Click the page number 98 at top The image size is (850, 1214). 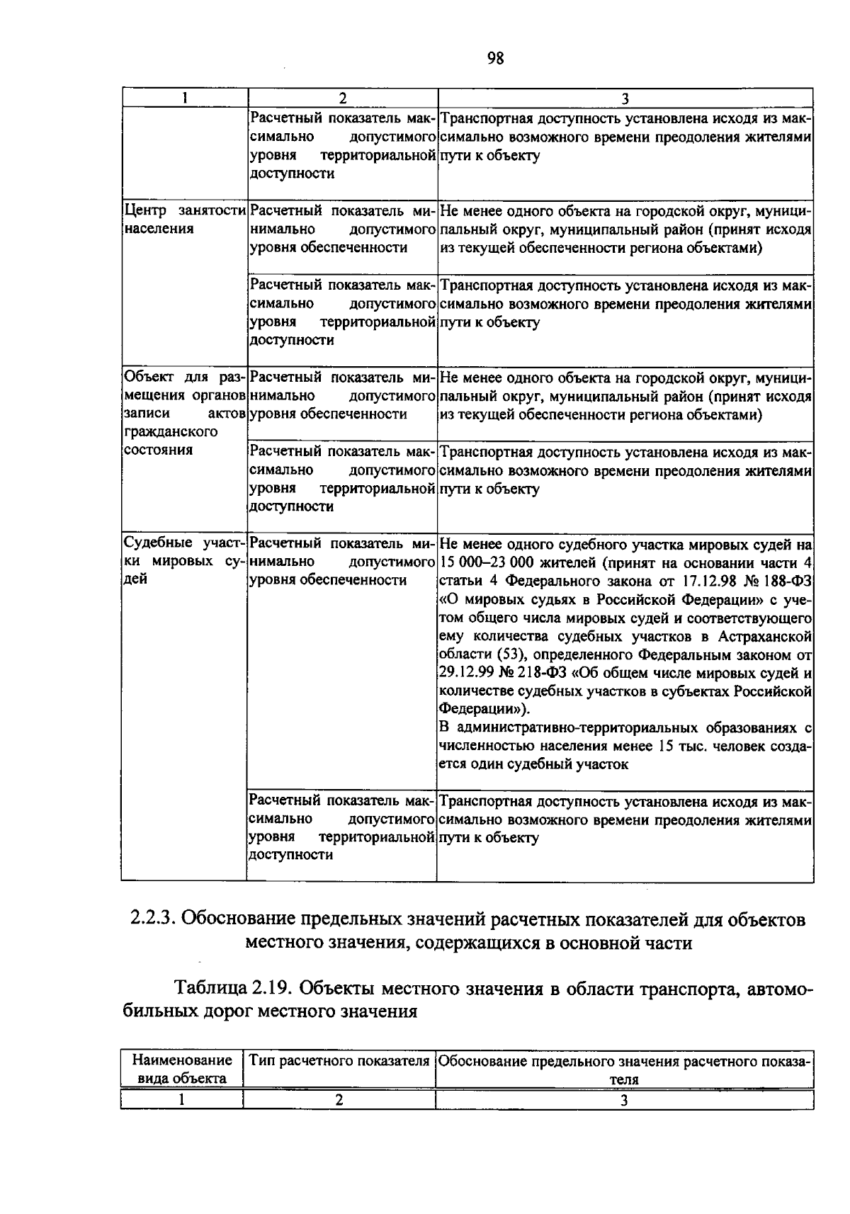pos(495,59)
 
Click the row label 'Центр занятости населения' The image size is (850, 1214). pos(184,220)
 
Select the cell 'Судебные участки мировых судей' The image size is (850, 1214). pos(184,561)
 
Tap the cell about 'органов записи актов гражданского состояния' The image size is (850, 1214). pos(184,413)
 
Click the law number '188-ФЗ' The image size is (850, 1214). pos(788,582)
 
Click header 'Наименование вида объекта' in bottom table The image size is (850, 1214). pos(182,1070)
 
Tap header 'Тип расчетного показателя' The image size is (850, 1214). pos(339,1061)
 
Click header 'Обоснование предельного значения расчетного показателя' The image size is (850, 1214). pos(624,1070)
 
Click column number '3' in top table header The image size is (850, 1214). pos(625,98)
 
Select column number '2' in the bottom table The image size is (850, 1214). pos(339,1100)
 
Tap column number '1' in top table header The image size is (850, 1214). pos(184,98)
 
